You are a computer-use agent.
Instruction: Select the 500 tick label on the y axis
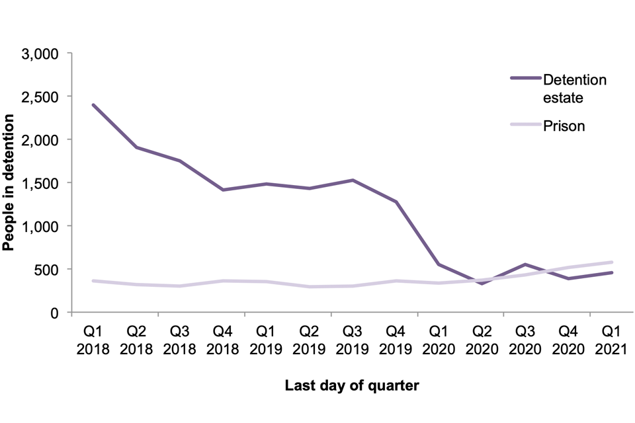50,270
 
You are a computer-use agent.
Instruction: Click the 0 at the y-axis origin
58,313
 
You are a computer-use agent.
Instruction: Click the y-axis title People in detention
9,182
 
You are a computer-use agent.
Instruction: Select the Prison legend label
564,126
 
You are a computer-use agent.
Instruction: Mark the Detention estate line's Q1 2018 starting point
93,105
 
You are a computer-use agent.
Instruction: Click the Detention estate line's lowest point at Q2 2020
482,284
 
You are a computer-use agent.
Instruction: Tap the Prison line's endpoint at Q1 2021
612,262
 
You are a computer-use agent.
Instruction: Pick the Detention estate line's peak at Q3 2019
353,180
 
